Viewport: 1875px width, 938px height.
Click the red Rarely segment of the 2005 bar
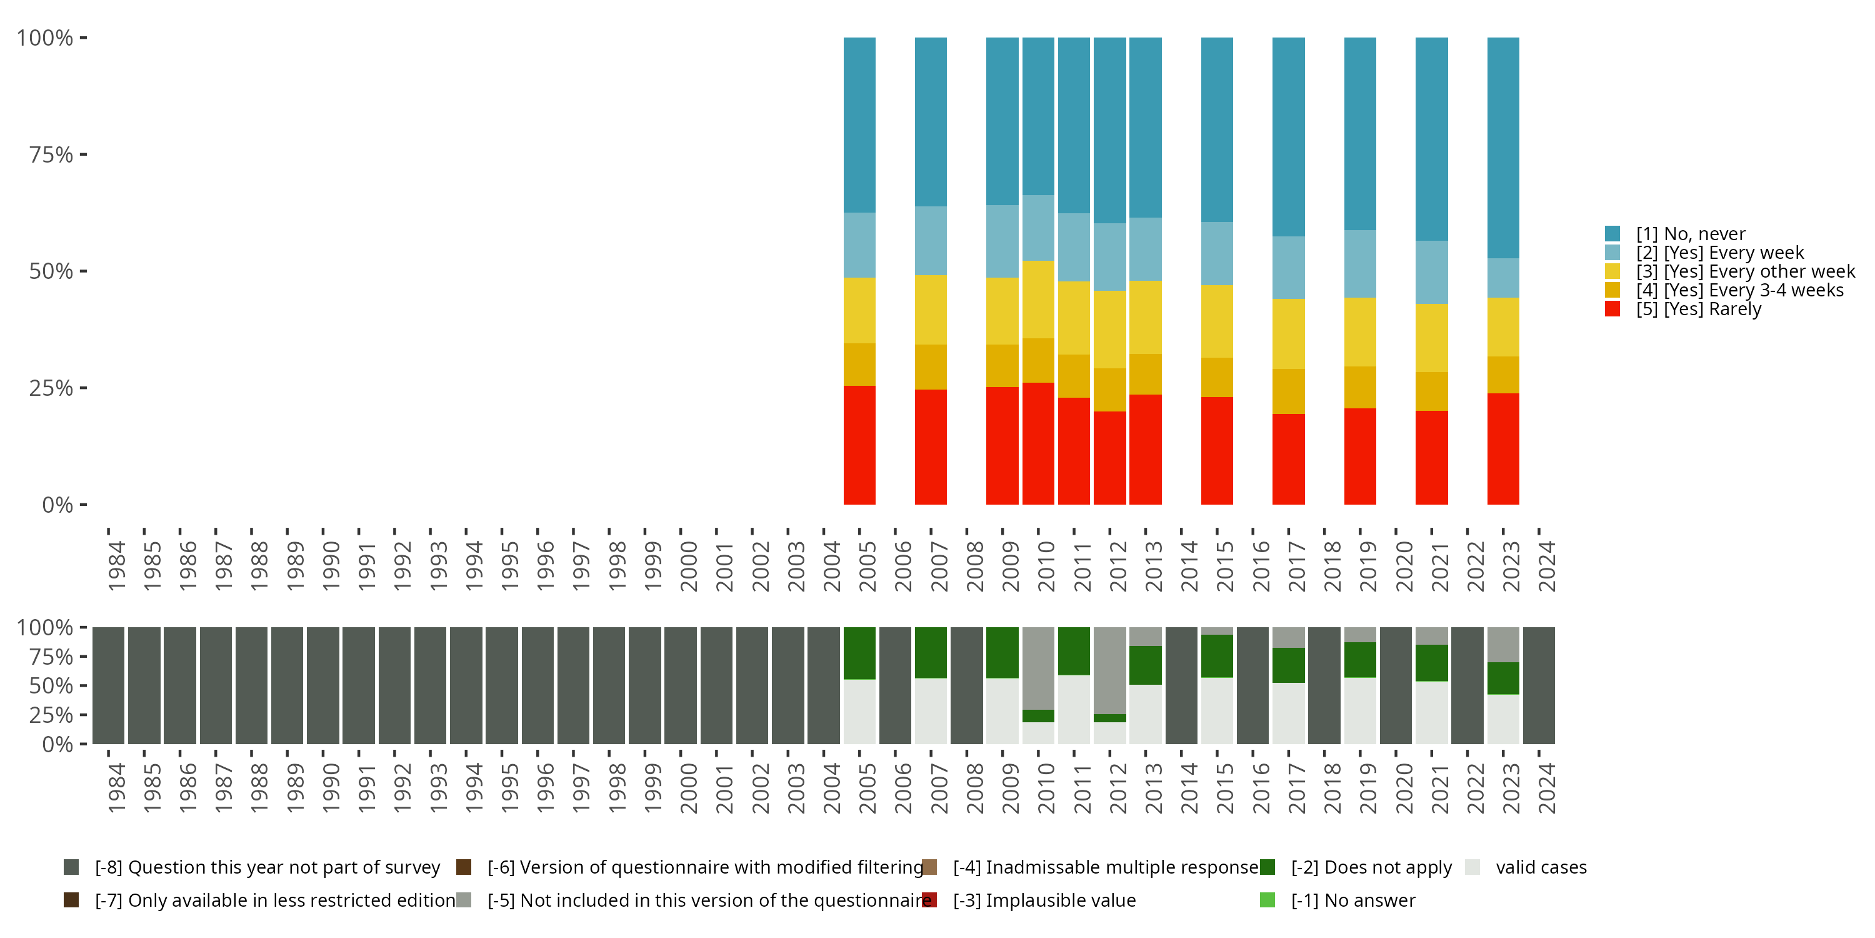point(859,445)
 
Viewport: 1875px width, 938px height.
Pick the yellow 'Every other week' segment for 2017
point(1288,333)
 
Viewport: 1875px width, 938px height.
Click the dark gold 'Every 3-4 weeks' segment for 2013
point(1145,375)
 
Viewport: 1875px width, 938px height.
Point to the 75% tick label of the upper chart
point(51,154)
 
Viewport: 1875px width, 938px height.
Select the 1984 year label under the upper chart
point(116,567)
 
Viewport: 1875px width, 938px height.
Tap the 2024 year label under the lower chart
point(1546,789)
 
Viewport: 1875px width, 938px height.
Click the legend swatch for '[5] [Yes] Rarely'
point(1612,309)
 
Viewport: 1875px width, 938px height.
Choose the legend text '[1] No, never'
point(1690,234)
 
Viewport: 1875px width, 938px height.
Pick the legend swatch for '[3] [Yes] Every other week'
point(1612,271)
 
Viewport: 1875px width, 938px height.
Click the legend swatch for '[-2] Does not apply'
point(1267,867)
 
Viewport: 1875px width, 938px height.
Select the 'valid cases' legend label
point(1541,867)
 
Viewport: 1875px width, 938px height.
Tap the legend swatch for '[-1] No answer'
point(1267,900)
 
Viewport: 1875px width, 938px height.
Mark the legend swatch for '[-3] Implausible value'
point(929,900)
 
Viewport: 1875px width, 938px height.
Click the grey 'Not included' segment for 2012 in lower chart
point(1109,670)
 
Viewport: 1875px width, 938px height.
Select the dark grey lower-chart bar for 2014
point(1181,685)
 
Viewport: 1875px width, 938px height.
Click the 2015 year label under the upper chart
point(1225,567)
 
